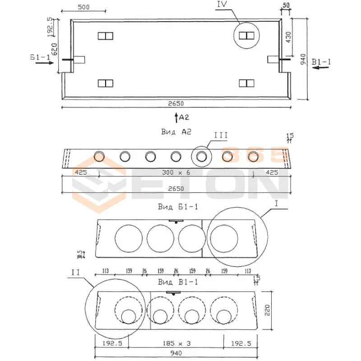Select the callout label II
coord(75,273)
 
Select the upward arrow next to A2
coord(176,118)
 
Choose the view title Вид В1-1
coord(178,282)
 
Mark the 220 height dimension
coord(267,310)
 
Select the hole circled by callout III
coord(202,156)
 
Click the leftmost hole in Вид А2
coord(99,156)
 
